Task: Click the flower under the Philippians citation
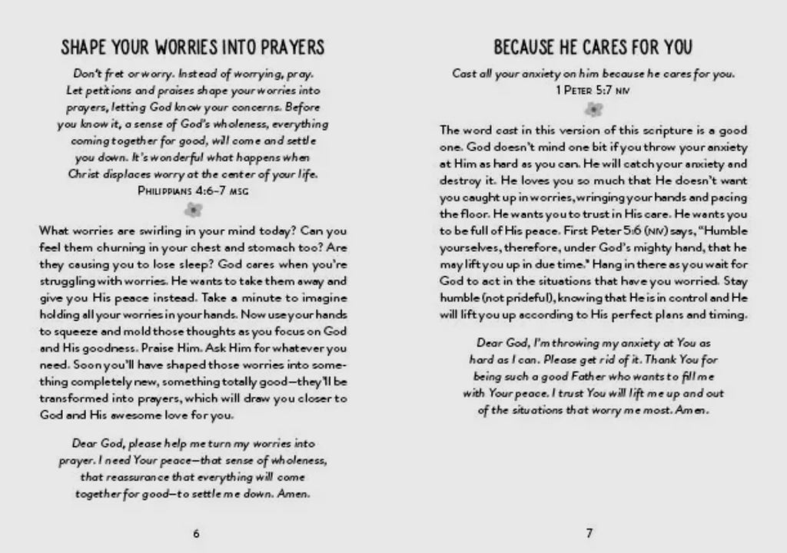tap(193, 208)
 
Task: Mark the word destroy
tap(460, 180)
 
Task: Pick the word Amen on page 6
tap(296, 494)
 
